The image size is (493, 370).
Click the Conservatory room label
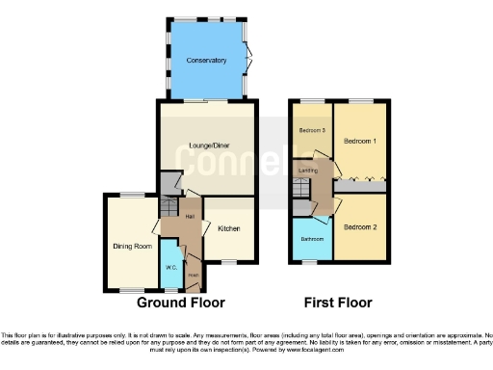(x=207, y=60)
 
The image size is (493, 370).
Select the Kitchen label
(x=228, y=228)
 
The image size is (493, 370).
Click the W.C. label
(x=170, y=266)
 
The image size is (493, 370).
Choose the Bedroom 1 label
(x=361, y=142)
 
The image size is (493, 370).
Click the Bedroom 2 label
(x=360, y=226)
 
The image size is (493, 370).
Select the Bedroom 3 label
(x=309, y=129)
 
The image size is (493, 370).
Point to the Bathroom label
(x=310, y=239)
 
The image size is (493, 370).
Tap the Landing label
(x=309, y=171)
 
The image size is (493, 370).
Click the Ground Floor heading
(x=181, y=303)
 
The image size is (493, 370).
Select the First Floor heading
(x=339, y=303)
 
